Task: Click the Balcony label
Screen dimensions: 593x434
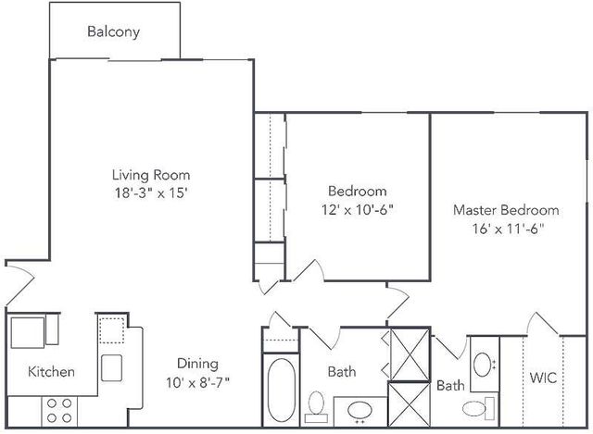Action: pos(113,31)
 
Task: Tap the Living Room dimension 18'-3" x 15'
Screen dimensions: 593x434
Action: pos(151,193)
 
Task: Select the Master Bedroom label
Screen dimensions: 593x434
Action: pos(506,210)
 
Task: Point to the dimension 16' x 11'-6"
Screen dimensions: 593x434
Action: pos(508,229)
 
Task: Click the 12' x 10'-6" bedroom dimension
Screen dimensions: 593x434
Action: pos(358,209)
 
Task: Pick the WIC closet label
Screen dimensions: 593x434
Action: pos(543,378)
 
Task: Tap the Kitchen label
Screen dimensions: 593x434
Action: pos(52,372)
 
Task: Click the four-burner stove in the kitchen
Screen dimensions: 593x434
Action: pos(59,412)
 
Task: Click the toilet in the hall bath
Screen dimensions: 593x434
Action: pos(316,406)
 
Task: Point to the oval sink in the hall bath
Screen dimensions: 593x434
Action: pos(360,410)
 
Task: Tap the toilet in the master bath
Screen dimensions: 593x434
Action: pos(478,408)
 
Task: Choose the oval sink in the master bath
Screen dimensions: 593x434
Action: pos(482,365)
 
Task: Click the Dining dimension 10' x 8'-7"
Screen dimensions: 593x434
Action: pos(197,383)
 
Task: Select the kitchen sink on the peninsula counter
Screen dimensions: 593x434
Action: pos(111,367)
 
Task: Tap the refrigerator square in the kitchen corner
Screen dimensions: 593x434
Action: pos(28,332)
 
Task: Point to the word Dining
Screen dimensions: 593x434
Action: pos(197,364)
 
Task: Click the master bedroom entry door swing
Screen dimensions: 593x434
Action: pos(397,302)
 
